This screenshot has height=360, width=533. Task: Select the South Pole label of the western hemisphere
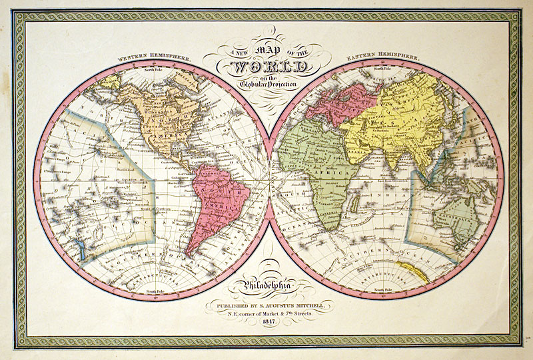click(x=155, y=291)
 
